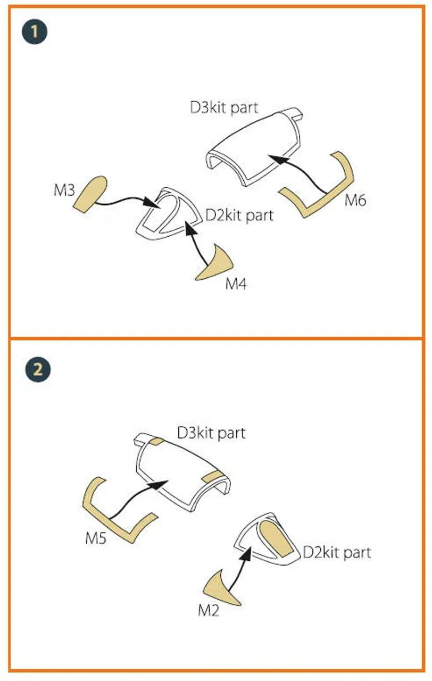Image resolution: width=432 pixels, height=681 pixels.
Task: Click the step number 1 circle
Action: (x=35, y=31)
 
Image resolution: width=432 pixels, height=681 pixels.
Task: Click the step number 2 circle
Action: (x=38, y=369)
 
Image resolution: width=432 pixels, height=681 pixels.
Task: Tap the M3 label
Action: (x=64, y=190)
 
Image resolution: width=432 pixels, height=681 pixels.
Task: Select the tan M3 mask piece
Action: (x=90, y=194)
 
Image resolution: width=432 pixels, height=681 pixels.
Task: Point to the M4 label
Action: (x=236, y=284)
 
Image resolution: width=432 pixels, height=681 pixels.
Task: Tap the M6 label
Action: (x=355, y=201)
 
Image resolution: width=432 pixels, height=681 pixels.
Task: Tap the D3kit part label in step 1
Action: (x=224, y=107)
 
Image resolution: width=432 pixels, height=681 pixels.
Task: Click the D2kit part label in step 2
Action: (x=337, y=552)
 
